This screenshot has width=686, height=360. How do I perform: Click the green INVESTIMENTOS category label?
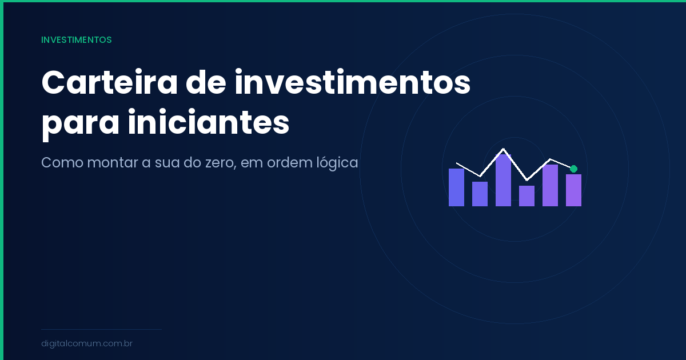pos(76,40)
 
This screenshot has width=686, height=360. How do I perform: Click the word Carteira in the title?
pos(106,83)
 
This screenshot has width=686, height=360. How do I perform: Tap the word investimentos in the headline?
pos(353,83)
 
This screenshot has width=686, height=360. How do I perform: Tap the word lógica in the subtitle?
pos(337,163)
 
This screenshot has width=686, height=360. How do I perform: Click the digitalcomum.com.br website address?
pos(87,344)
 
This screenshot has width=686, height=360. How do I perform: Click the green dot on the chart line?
pos(573,169)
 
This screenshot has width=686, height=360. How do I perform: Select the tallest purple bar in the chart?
pos(503,180)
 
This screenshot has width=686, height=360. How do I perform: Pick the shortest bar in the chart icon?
pos(527,196)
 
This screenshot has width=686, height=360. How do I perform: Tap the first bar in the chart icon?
pos(456,187)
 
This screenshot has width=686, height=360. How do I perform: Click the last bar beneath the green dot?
pos(573,190)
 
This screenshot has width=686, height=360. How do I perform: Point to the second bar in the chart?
pos(480,194)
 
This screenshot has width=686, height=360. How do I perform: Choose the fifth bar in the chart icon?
pos(550,185)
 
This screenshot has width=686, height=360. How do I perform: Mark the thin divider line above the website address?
pos(101,329)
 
